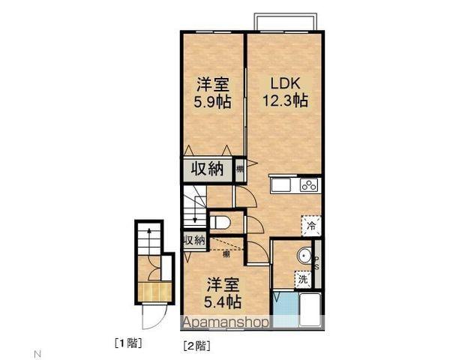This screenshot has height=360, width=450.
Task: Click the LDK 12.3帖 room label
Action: pyautogui.click(x=285, y=90)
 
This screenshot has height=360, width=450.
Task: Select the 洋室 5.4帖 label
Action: pyautogui.click(x=223, y=293)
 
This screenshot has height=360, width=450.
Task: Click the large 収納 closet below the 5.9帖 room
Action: pyautogui.click(x=205, y=169)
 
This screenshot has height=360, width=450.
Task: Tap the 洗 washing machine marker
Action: pyautogui.click(x=303, y=278)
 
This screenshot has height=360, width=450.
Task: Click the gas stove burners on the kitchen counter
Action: pyautogui.click(x=308, y=184)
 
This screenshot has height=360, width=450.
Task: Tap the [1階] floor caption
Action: pyautogui.click(x=128, y=343)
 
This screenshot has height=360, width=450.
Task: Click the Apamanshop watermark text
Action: pyautogui.click(x=225, y=322)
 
